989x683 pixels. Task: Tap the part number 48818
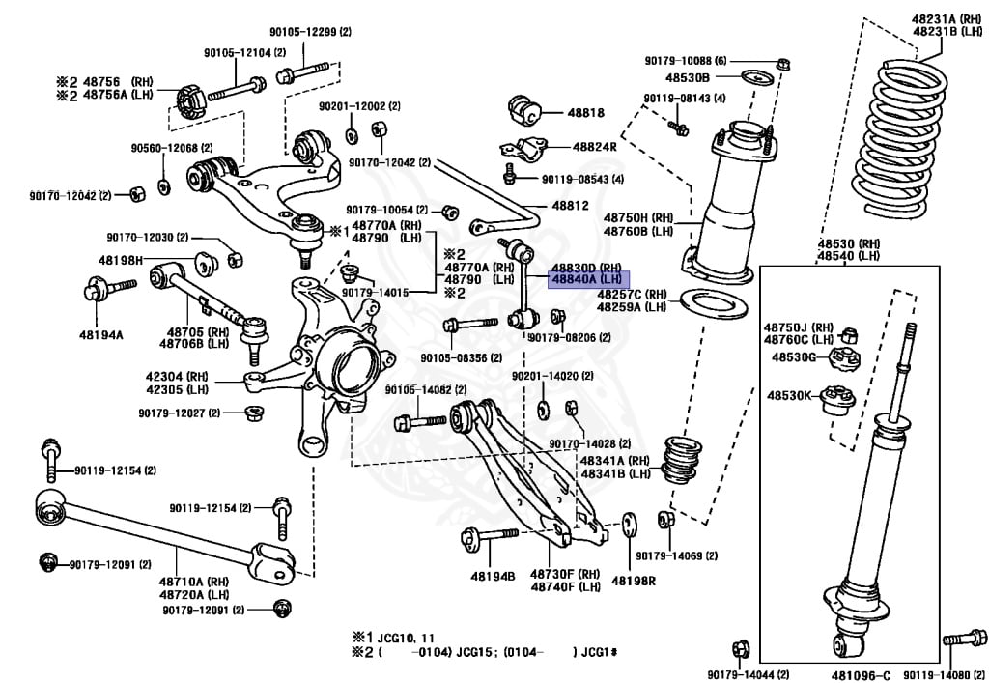pos(585,113)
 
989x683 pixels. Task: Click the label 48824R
pos(594,147)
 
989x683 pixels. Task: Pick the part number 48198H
pos(120,260)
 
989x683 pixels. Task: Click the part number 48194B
pos(493,577)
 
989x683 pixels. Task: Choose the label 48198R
pos(633,581)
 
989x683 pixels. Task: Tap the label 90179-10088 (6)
pos(686,61)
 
